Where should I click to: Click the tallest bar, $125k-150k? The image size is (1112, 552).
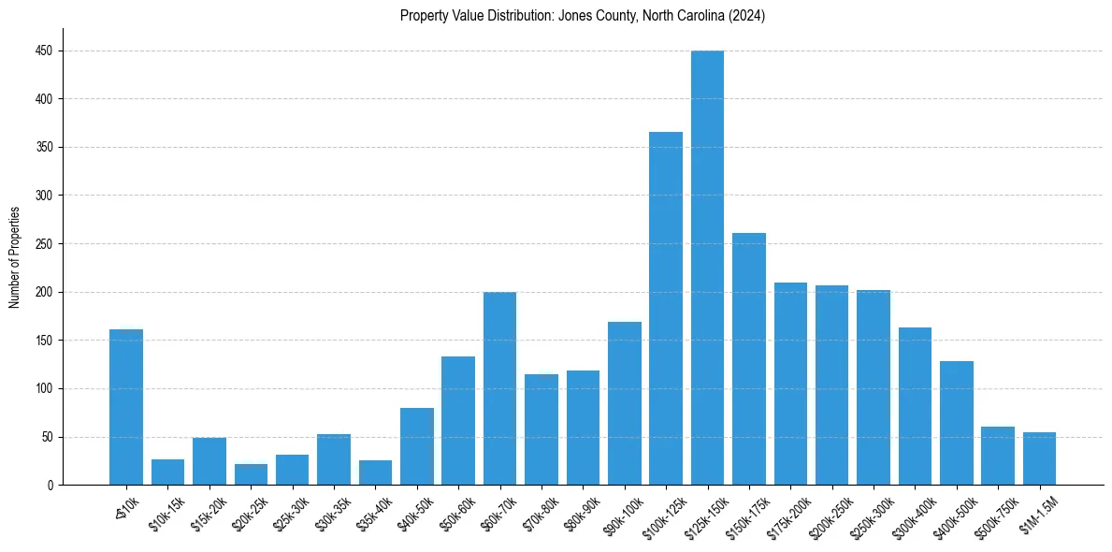[707, 268]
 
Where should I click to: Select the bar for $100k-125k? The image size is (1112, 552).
[666, 309]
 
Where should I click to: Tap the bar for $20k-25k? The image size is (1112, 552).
[251, 474]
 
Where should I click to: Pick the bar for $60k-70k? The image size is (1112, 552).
[499, 388]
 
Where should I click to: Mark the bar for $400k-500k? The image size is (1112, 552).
[957, 423]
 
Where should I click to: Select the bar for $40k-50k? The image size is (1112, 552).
[416, 446]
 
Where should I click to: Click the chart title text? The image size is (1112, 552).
[583, 16]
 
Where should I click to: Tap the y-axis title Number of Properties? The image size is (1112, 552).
[15, 257]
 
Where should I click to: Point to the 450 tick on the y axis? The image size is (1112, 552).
[44, 51]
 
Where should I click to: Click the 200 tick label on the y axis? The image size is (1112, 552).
[44, 292]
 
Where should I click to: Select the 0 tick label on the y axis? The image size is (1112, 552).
[50, 485]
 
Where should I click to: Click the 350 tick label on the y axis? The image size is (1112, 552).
[44, 147]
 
